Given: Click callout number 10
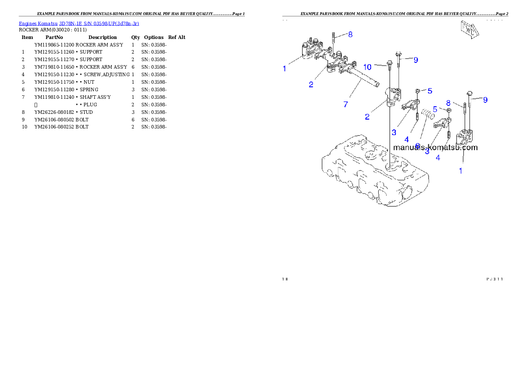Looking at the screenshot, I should tap(368, 67).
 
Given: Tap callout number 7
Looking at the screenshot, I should tap(345, 104).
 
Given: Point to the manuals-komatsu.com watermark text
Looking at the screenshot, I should tap(435, 148).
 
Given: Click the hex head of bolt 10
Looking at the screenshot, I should tap(389, 62).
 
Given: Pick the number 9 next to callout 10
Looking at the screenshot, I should tap(415, 60).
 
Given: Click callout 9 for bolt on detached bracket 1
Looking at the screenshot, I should tap(485, 100).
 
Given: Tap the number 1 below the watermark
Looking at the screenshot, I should tap(461, 171).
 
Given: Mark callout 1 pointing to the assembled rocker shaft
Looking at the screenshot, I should tap(284, 69).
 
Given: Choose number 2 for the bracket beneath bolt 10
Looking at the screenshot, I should tap(367, 117).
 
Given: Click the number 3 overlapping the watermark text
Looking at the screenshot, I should tap(427, 151).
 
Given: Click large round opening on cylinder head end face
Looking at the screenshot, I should tap(406, 193).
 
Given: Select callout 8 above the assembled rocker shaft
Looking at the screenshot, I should tap(350, 34).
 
